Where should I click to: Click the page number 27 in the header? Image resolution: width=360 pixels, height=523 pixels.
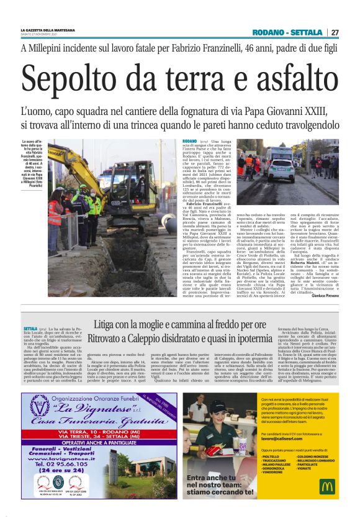[x=334, y=32]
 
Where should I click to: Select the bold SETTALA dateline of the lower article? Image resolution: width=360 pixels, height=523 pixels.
[x=30, y=327]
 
